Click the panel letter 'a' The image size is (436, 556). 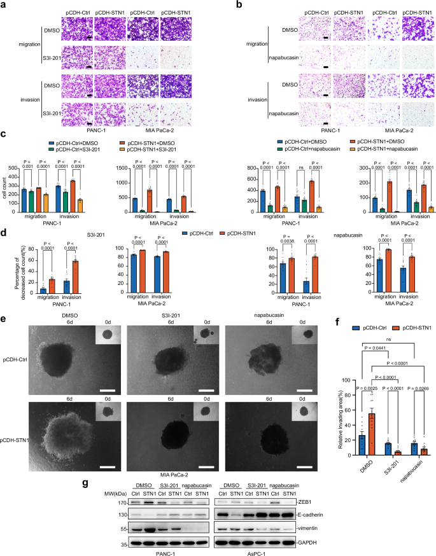coord(4,5)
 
